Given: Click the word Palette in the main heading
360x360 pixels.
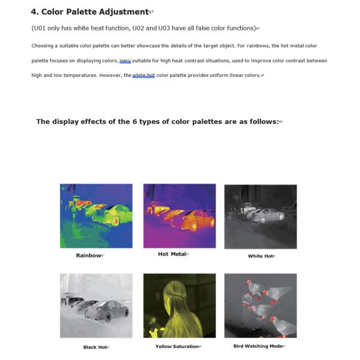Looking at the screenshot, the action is coord(81,12).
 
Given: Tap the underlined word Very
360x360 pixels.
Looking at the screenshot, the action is coord(125,61).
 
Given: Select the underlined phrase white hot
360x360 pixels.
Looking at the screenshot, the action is coord(143,76).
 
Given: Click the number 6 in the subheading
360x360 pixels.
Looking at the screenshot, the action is coord(134,121).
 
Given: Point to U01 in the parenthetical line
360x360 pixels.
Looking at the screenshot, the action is coord(40,28).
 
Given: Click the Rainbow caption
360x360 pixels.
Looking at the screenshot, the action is coord(89,256).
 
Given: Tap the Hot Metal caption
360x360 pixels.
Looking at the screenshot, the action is coord(172,254).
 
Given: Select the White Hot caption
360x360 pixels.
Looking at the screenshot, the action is coord(260,256).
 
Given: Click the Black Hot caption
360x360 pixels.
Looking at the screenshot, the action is coord(95,347).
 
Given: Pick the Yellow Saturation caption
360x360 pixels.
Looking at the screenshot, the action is coord(177,346).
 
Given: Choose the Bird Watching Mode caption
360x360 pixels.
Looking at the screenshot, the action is coord(257,346).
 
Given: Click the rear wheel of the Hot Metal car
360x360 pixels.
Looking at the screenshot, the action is coord(194,226).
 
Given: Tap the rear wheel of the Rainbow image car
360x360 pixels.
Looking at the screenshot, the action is coord(116,221).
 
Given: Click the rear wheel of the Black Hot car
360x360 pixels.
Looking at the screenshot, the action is coord(108,317).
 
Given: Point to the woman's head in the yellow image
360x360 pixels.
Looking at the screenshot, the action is coord(175,290).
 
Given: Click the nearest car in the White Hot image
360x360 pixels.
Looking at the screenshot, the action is coord(269,215).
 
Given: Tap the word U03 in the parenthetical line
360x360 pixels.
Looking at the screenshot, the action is coord(164,28).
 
